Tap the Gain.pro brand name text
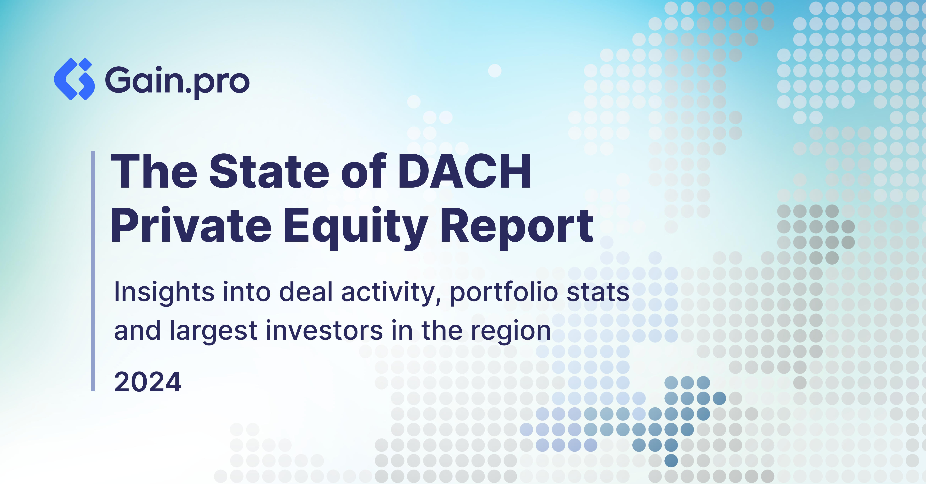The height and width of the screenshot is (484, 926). point(177,81)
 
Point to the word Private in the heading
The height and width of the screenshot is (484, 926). point(191,226)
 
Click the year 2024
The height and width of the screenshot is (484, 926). point(148,382)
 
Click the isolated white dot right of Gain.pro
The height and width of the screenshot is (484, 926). point(495,71)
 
